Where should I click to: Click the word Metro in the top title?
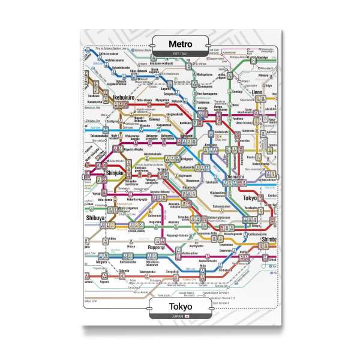pyautogui.click(x=181, y=44)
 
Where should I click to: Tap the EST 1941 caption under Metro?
pyautogui.click(x=181, y=54)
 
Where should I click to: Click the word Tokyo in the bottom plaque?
pyautogui.click(x=181, y=307)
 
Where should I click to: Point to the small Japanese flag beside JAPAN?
pyautogui.click(x=188, y=316)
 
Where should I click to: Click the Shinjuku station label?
pyautogui.click(x=113, y=173)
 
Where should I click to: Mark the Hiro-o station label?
pyautogui.click(x=131, y=246)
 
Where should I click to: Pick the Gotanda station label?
pyautogui.click(x=123, y=271)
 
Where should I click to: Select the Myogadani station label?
pyautogui.click(x=163, y=100)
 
